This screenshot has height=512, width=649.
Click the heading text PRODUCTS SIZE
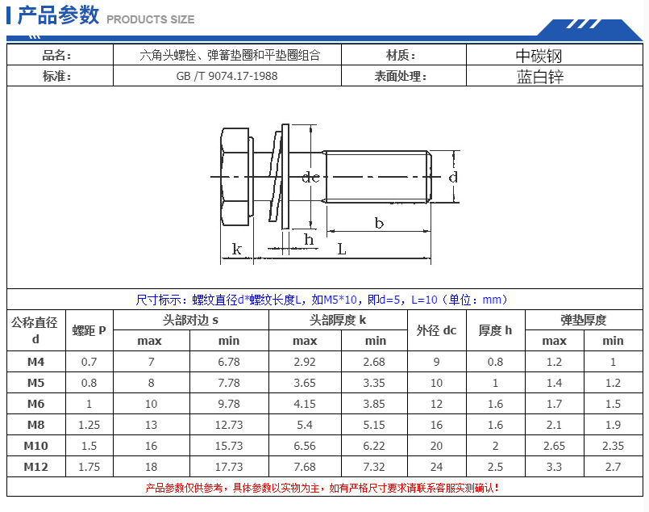pyautogui.click(x=151, y=19)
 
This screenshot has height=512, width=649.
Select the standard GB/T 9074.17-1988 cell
pyautogui.click(x=227, y=76)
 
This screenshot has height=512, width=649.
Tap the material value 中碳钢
pyautogui.click(x=539, y=55)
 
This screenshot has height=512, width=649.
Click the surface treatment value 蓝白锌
pyautogui.click(x=539, y=76)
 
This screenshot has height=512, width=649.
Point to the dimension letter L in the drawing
pyautogui.click(x=342, y=250)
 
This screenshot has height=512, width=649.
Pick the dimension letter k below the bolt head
pyautogui.click(x=236, y=249)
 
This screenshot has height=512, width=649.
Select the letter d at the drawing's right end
pyautogui.click(x=453, y=176)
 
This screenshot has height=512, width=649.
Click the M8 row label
pyautogui.click(x=35, y=424)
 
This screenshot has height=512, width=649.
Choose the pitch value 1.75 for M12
pyautogui.click(x=89, y=466)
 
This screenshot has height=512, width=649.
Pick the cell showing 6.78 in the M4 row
pyautogui.click(x=229, y=362)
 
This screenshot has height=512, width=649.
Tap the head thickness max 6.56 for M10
pyautogui.click(x=305, y=445)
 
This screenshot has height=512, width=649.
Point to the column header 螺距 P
pyautogui.click(x=89, y=330)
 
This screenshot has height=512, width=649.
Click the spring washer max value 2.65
pyautogui.click(x=554, y=445)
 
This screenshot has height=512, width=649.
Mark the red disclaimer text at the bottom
pyautogui.click(x=322, y=488)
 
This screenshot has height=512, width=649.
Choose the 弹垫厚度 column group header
pyautogui.click(x=584, y=320)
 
